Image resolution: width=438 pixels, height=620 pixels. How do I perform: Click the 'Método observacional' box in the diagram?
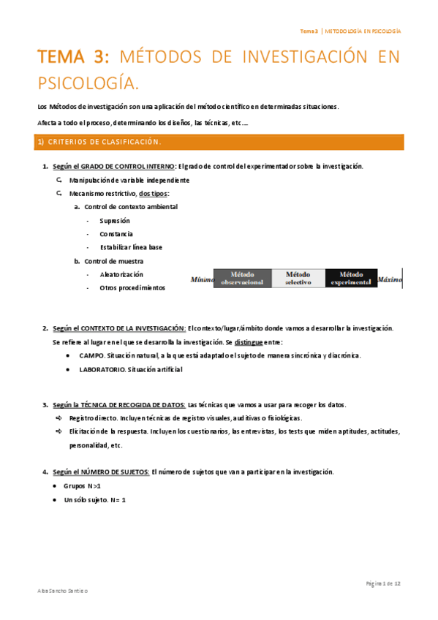point(241,279)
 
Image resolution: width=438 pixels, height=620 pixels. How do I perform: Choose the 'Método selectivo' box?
point(298,279)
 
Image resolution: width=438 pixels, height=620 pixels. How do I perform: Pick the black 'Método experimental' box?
point(351,279)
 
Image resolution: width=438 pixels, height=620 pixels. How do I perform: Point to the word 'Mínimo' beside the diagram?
point(202,279)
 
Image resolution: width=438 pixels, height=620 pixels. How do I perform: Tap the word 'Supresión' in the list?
point(115,220)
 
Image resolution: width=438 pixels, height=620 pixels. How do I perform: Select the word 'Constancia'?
point(116,234)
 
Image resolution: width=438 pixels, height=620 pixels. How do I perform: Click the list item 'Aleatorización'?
point(121,274)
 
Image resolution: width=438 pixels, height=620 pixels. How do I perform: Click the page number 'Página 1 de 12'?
point(383,583)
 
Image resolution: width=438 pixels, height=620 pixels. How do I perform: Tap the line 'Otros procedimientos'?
point(132,287)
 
